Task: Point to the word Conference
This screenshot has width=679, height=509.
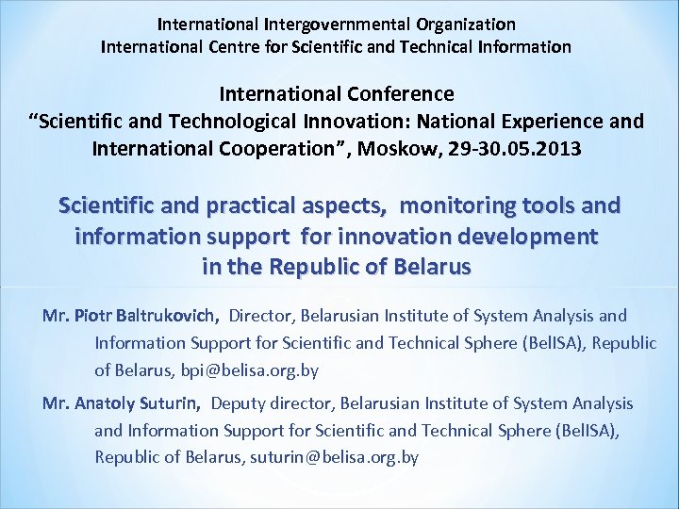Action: point(401,95)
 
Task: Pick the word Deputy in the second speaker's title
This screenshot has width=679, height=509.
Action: point(239,403)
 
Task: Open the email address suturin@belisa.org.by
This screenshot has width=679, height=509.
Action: point(332,457)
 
